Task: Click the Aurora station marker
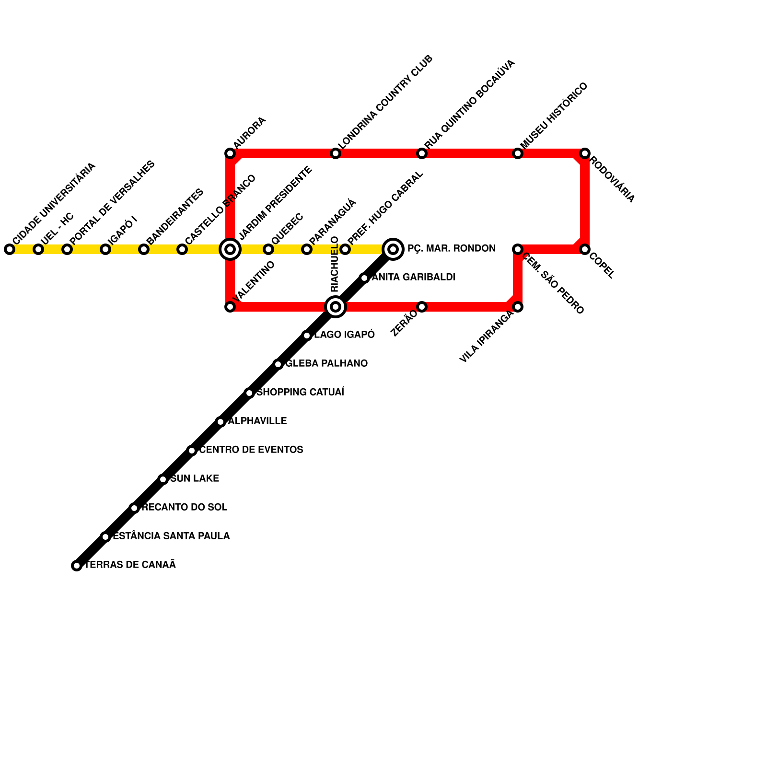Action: pos(230,153)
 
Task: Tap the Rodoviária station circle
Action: pos(584,153)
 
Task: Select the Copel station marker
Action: pos(584,249)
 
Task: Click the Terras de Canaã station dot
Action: pos(77,566)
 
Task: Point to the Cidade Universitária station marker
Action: pos(10,249)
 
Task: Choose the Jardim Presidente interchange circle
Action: pos(230,249)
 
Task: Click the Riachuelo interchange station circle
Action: pos(336,307)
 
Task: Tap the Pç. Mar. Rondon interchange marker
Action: pos(393,249)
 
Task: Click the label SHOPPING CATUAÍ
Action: pos(301,393)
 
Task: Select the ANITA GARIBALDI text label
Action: pos(414,278)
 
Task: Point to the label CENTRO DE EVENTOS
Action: pos(251,450)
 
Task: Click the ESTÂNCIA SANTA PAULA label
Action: pos(171,536)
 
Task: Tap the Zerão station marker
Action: pos(422,307)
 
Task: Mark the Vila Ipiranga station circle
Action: pos(518,307)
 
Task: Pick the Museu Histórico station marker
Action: pos(518,153)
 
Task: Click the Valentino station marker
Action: pos(230,307)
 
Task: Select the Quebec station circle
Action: pos(268,249)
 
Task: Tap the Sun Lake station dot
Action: pos(163,479)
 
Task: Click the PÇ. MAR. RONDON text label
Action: pos(451,249)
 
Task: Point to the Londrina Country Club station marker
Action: pos(336,153)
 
